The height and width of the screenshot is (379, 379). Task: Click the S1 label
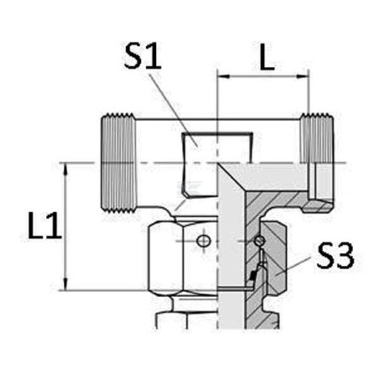[x=143, y=57]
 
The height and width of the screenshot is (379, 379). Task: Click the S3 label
[x=335, y=256]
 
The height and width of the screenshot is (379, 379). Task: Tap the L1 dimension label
[x=44, y=226]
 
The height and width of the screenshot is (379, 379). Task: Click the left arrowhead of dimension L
[x=223, y=76]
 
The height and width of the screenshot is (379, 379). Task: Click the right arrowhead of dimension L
[x=303, y=76]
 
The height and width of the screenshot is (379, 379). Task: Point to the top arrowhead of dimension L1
[x=65, y=169]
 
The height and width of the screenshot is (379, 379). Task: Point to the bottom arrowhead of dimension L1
[x=65, y=284]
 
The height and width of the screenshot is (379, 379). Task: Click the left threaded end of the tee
[x=118, y=163]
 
